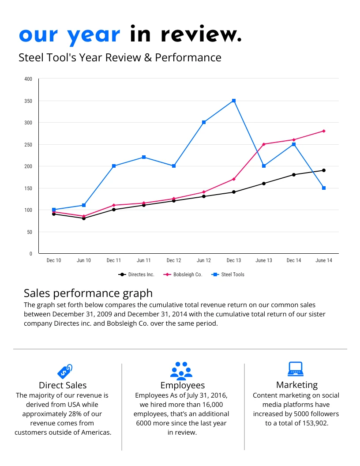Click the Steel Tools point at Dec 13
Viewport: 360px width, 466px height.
coord(234,101)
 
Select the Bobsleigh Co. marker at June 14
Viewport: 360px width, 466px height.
coord(324,131)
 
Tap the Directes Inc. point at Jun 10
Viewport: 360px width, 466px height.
coord(84,218)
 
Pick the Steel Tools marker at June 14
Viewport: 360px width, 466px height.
coord(324,188)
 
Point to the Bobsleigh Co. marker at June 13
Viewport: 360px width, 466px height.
coord(264,144)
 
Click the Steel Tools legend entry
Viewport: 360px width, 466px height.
coord(228,274)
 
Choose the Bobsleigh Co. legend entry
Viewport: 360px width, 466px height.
coord(183,274)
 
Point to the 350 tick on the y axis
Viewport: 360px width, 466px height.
coord(28,101)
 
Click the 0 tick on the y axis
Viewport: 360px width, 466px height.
coord(31,254)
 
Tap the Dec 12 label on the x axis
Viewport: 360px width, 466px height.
coord(174,261)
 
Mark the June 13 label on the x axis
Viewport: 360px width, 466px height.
coord(264,261)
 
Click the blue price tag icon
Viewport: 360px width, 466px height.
coord(64,371)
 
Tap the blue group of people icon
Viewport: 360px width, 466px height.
coord(181,371)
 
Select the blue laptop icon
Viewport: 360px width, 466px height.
coord(295,369)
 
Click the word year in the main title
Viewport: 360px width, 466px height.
coord(94,34)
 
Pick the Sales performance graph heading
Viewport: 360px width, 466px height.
coord(88,293)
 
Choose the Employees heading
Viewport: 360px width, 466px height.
coord(183,385)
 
